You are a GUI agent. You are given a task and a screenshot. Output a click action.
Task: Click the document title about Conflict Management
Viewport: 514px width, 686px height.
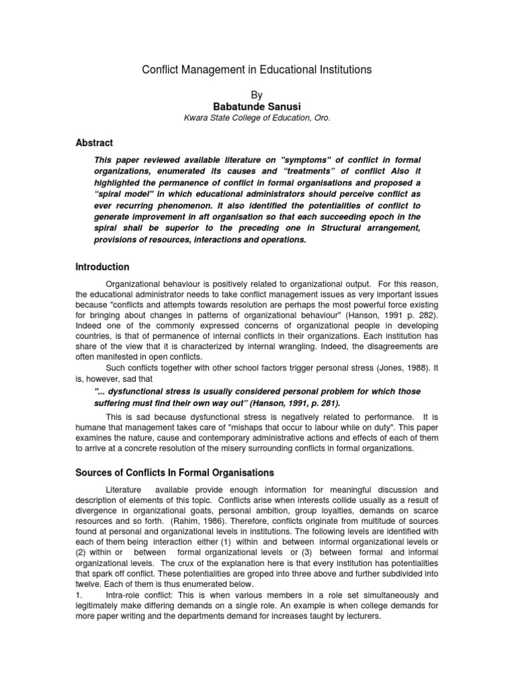[257, 69]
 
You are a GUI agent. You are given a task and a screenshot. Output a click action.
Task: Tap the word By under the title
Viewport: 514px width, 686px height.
[257, 95]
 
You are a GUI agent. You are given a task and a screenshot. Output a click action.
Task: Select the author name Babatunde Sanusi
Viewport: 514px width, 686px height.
[257, 107]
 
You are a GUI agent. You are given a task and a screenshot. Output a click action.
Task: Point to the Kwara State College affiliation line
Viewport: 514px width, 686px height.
[257, 118]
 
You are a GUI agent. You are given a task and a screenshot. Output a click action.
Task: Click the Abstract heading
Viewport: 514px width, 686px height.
[94, 143]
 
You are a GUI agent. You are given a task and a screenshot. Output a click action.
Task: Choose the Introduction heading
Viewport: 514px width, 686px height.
[102, 267]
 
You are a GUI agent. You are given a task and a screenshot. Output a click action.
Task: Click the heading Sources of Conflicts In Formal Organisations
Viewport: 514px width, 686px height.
[176, 472]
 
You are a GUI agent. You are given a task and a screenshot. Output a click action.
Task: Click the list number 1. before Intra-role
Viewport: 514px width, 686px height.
[79, 594]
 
